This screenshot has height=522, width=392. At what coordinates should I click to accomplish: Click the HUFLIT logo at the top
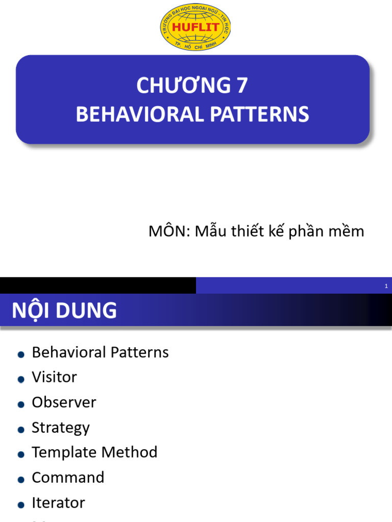pos(195,28)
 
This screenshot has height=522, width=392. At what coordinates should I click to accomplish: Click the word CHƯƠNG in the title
pos(184,85)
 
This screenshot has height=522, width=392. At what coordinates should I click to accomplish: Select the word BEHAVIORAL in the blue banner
pos(140,114)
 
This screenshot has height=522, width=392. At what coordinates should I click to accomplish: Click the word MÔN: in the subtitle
pos(169,231)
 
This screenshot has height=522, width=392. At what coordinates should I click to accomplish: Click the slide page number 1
pos(386,286)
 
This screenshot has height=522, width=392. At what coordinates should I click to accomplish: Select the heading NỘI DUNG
pos(64,310)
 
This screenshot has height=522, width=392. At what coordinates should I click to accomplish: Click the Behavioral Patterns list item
pos(101,352)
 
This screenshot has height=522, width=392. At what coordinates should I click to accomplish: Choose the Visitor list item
pos(54,377)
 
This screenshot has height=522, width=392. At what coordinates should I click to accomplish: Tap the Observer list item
pos(64,402)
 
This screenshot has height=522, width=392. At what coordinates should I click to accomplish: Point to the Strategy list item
pos(61,428)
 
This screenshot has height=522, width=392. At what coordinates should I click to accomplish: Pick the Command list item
pos(68,477)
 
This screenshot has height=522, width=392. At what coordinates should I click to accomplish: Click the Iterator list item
pos(58,503)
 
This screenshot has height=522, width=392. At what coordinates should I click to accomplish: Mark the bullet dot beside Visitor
pos(21,379)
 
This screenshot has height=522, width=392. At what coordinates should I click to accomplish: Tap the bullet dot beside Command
pos(21,480)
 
